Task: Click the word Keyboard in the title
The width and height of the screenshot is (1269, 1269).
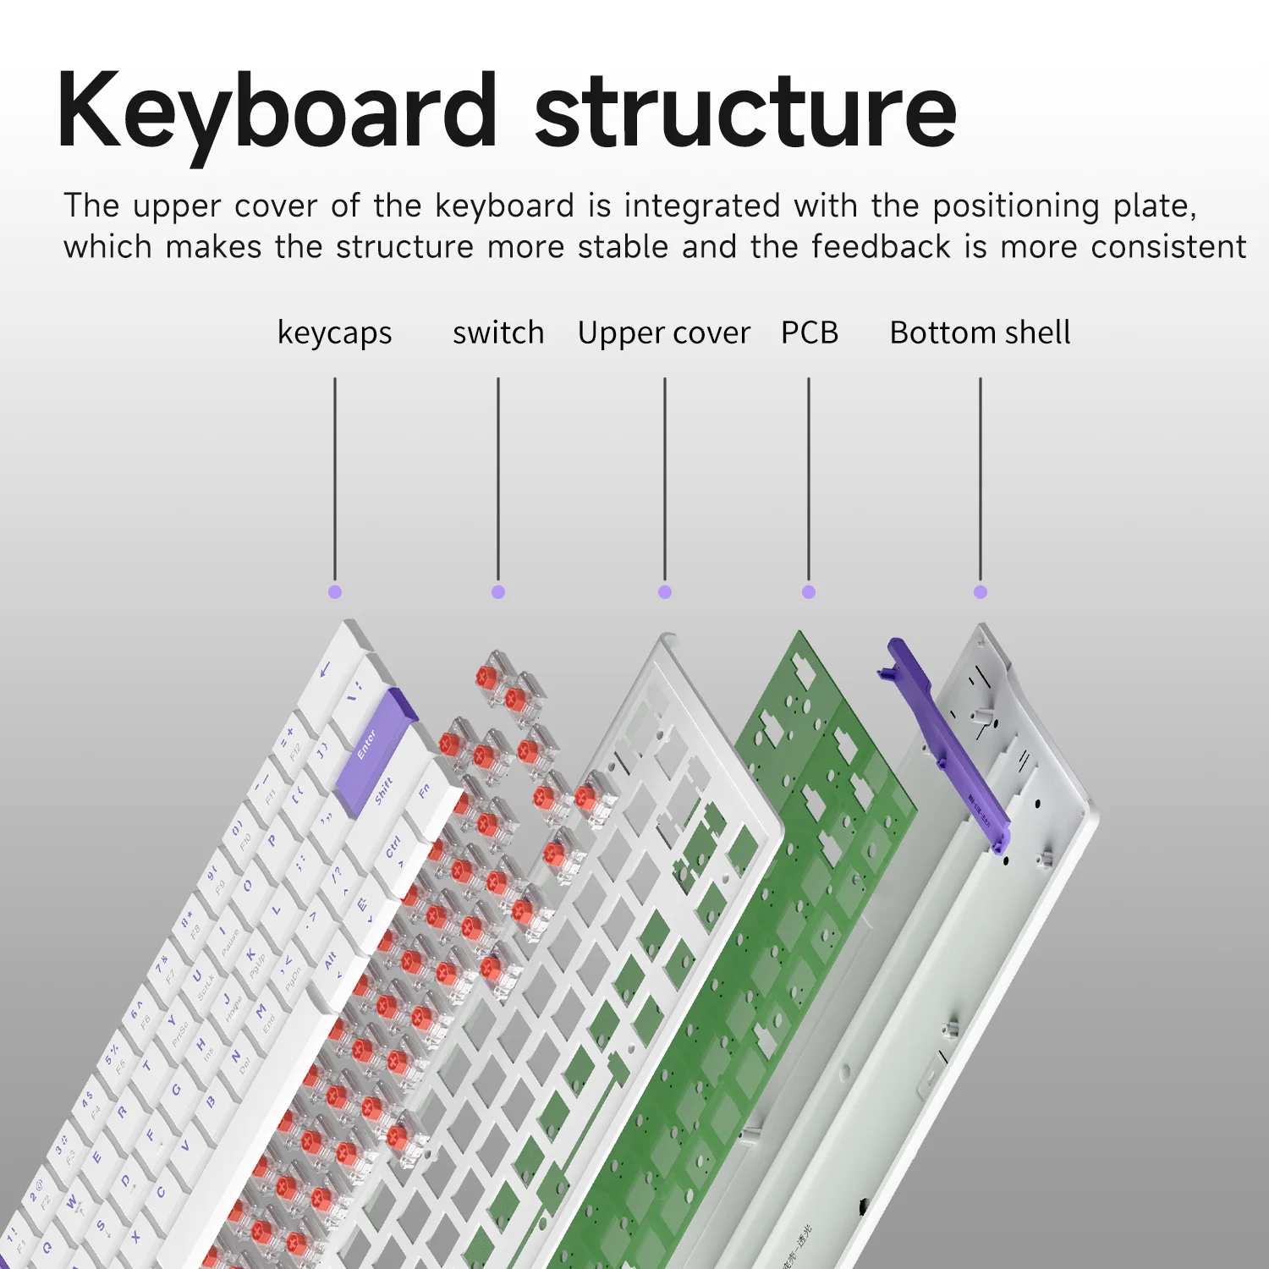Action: [277, 112]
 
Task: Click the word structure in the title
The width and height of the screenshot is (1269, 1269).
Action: [745, 112]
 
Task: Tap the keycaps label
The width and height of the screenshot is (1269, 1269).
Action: [334, 333]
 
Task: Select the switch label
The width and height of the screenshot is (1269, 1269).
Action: [498, 332]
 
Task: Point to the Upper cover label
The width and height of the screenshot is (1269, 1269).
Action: [664, 333]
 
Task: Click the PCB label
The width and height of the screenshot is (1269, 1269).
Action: [809, 332]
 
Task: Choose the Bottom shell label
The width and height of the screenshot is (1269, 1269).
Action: [980, 332]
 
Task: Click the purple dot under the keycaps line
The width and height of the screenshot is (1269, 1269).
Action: [335, 592]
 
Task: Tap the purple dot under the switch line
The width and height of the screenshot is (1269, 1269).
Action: [498, 592]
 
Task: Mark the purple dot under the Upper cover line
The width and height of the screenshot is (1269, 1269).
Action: [665, 592]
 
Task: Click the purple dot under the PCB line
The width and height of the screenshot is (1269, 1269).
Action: [809, 592]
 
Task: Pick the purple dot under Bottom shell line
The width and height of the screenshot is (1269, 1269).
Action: [981, 592]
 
